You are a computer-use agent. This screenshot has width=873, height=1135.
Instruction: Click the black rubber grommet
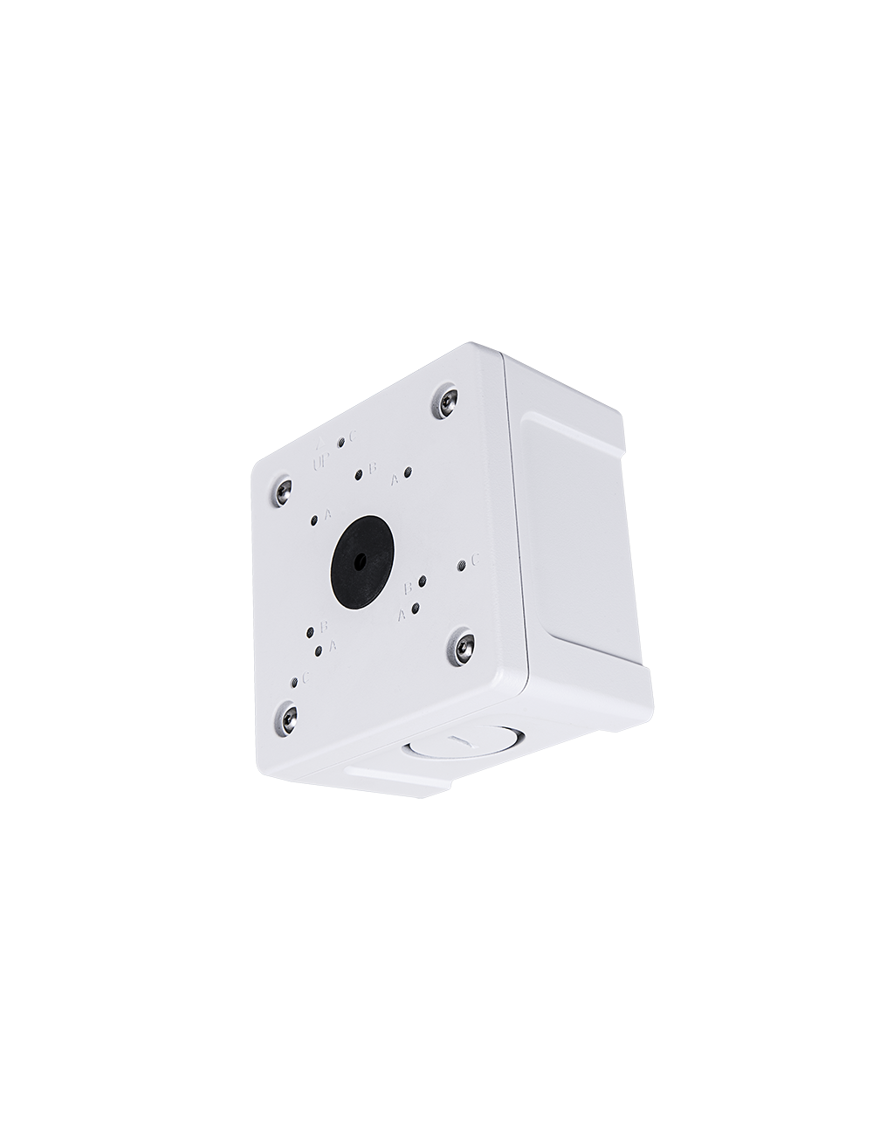[360, 560]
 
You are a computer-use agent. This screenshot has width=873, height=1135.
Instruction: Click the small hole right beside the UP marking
[340, 444]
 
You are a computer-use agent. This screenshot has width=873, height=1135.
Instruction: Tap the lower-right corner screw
[460, 648]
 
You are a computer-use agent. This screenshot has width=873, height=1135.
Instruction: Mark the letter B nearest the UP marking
[372, 469]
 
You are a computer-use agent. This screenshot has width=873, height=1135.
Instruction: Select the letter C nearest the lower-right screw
[476, 561]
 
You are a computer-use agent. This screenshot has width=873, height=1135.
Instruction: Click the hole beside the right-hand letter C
[460, 566]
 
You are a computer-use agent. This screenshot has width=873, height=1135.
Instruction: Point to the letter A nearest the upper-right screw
[394, 479]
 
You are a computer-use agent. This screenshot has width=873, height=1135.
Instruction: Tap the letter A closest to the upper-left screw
[327, 513]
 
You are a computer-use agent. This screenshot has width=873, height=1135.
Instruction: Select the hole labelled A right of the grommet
[416, 607]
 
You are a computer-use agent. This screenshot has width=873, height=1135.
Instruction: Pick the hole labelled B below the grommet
[311, 631]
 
